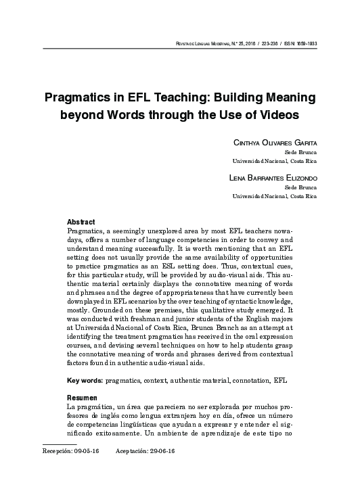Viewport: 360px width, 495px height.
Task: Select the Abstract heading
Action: (x=81, y=222)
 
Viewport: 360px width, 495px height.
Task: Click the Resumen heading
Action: (x=83, y=397)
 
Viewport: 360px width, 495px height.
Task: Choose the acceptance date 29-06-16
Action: (x=162, y=450)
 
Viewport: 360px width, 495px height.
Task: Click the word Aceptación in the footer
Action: (x=132, y=450)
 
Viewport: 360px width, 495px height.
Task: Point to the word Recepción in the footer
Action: (x=57, y=450)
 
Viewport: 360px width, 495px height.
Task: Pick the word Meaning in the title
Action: (x=290, y=97)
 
